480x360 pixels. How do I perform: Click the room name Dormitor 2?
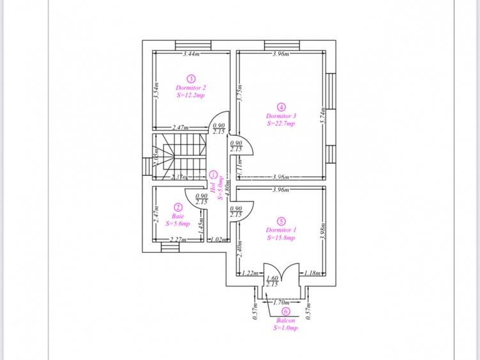point(190,88)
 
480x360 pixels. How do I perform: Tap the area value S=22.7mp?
point(281,123)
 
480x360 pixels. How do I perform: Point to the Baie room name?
point(178,216)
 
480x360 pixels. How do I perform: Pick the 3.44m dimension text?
point(191,54)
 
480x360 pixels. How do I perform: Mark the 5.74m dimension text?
point(323,114)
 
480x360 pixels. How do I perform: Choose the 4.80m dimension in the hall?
point(226,190)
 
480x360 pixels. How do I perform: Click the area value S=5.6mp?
point(178,224)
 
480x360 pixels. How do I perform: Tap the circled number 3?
point(190,78)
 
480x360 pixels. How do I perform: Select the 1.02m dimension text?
point(219,240)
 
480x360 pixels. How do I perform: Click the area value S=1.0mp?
point(286,327)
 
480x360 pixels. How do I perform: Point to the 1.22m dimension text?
point(250,273)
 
